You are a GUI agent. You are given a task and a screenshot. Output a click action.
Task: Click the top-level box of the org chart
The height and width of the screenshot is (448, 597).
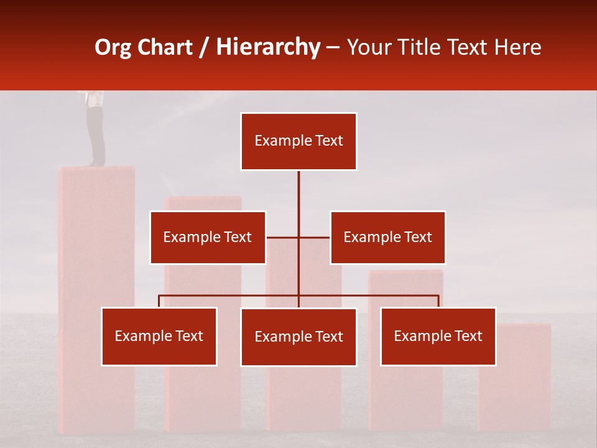[298, 141]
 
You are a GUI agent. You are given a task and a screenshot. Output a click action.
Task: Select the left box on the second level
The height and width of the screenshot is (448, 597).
[208, 237]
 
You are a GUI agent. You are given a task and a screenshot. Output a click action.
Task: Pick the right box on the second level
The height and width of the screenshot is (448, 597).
[387, 237]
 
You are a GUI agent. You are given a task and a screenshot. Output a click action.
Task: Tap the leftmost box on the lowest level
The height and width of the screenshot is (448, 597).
[159, 336]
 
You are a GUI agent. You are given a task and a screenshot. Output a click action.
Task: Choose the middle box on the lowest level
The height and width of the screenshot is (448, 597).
[298, 337]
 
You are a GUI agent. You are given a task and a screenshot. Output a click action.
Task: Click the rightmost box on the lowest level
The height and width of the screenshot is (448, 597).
[438, 336]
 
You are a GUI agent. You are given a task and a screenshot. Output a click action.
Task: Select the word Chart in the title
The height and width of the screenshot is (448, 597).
[165, 47]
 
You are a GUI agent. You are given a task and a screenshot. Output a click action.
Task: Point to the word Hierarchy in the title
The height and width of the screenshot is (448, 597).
[268, 47]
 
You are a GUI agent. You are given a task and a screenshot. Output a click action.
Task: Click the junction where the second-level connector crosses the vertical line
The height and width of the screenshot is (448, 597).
[298, 237]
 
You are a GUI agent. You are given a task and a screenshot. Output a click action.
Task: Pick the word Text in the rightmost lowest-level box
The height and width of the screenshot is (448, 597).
[468, 336]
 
